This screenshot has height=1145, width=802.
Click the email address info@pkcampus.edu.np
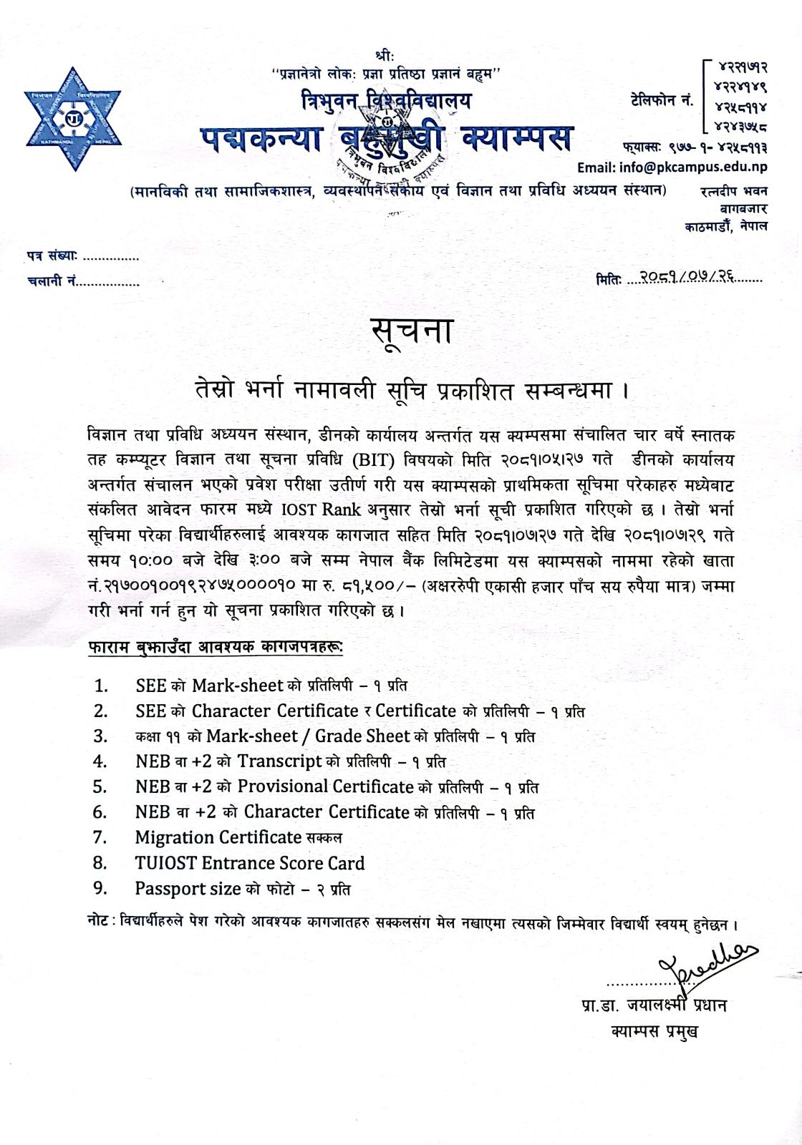click(x=672, y=167)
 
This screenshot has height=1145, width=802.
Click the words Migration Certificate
click(x=218, y=837)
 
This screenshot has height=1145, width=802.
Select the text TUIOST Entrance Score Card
click(x=250, y=862)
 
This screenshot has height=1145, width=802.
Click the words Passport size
click(x=188, y=888)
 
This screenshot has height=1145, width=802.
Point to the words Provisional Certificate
click(x=326, y=786)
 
